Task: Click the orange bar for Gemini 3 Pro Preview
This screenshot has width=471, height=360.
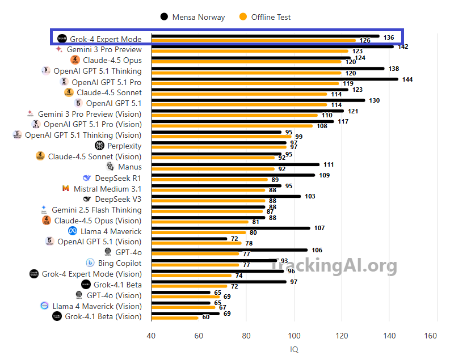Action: coord(250,51)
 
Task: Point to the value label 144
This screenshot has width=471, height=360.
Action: coord(407,79)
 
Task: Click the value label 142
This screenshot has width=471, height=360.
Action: coord(403,47)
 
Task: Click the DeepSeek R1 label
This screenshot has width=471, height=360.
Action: coord(118,178)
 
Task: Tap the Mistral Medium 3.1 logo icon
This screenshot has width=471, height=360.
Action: coord(66,189)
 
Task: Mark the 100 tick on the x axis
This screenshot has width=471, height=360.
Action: coord(294,336)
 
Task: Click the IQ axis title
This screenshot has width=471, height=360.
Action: coord(294,349)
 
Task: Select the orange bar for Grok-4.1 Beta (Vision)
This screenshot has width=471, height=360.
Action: coord(175,317)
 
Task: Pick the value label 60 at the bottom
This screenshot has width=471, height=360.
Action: coord(205,317)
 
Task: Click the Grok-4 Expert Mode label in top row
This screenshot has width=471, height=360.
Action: coord(106,39)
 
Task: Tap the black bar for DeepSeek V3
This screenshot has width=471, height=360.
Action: coord(226,196)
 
